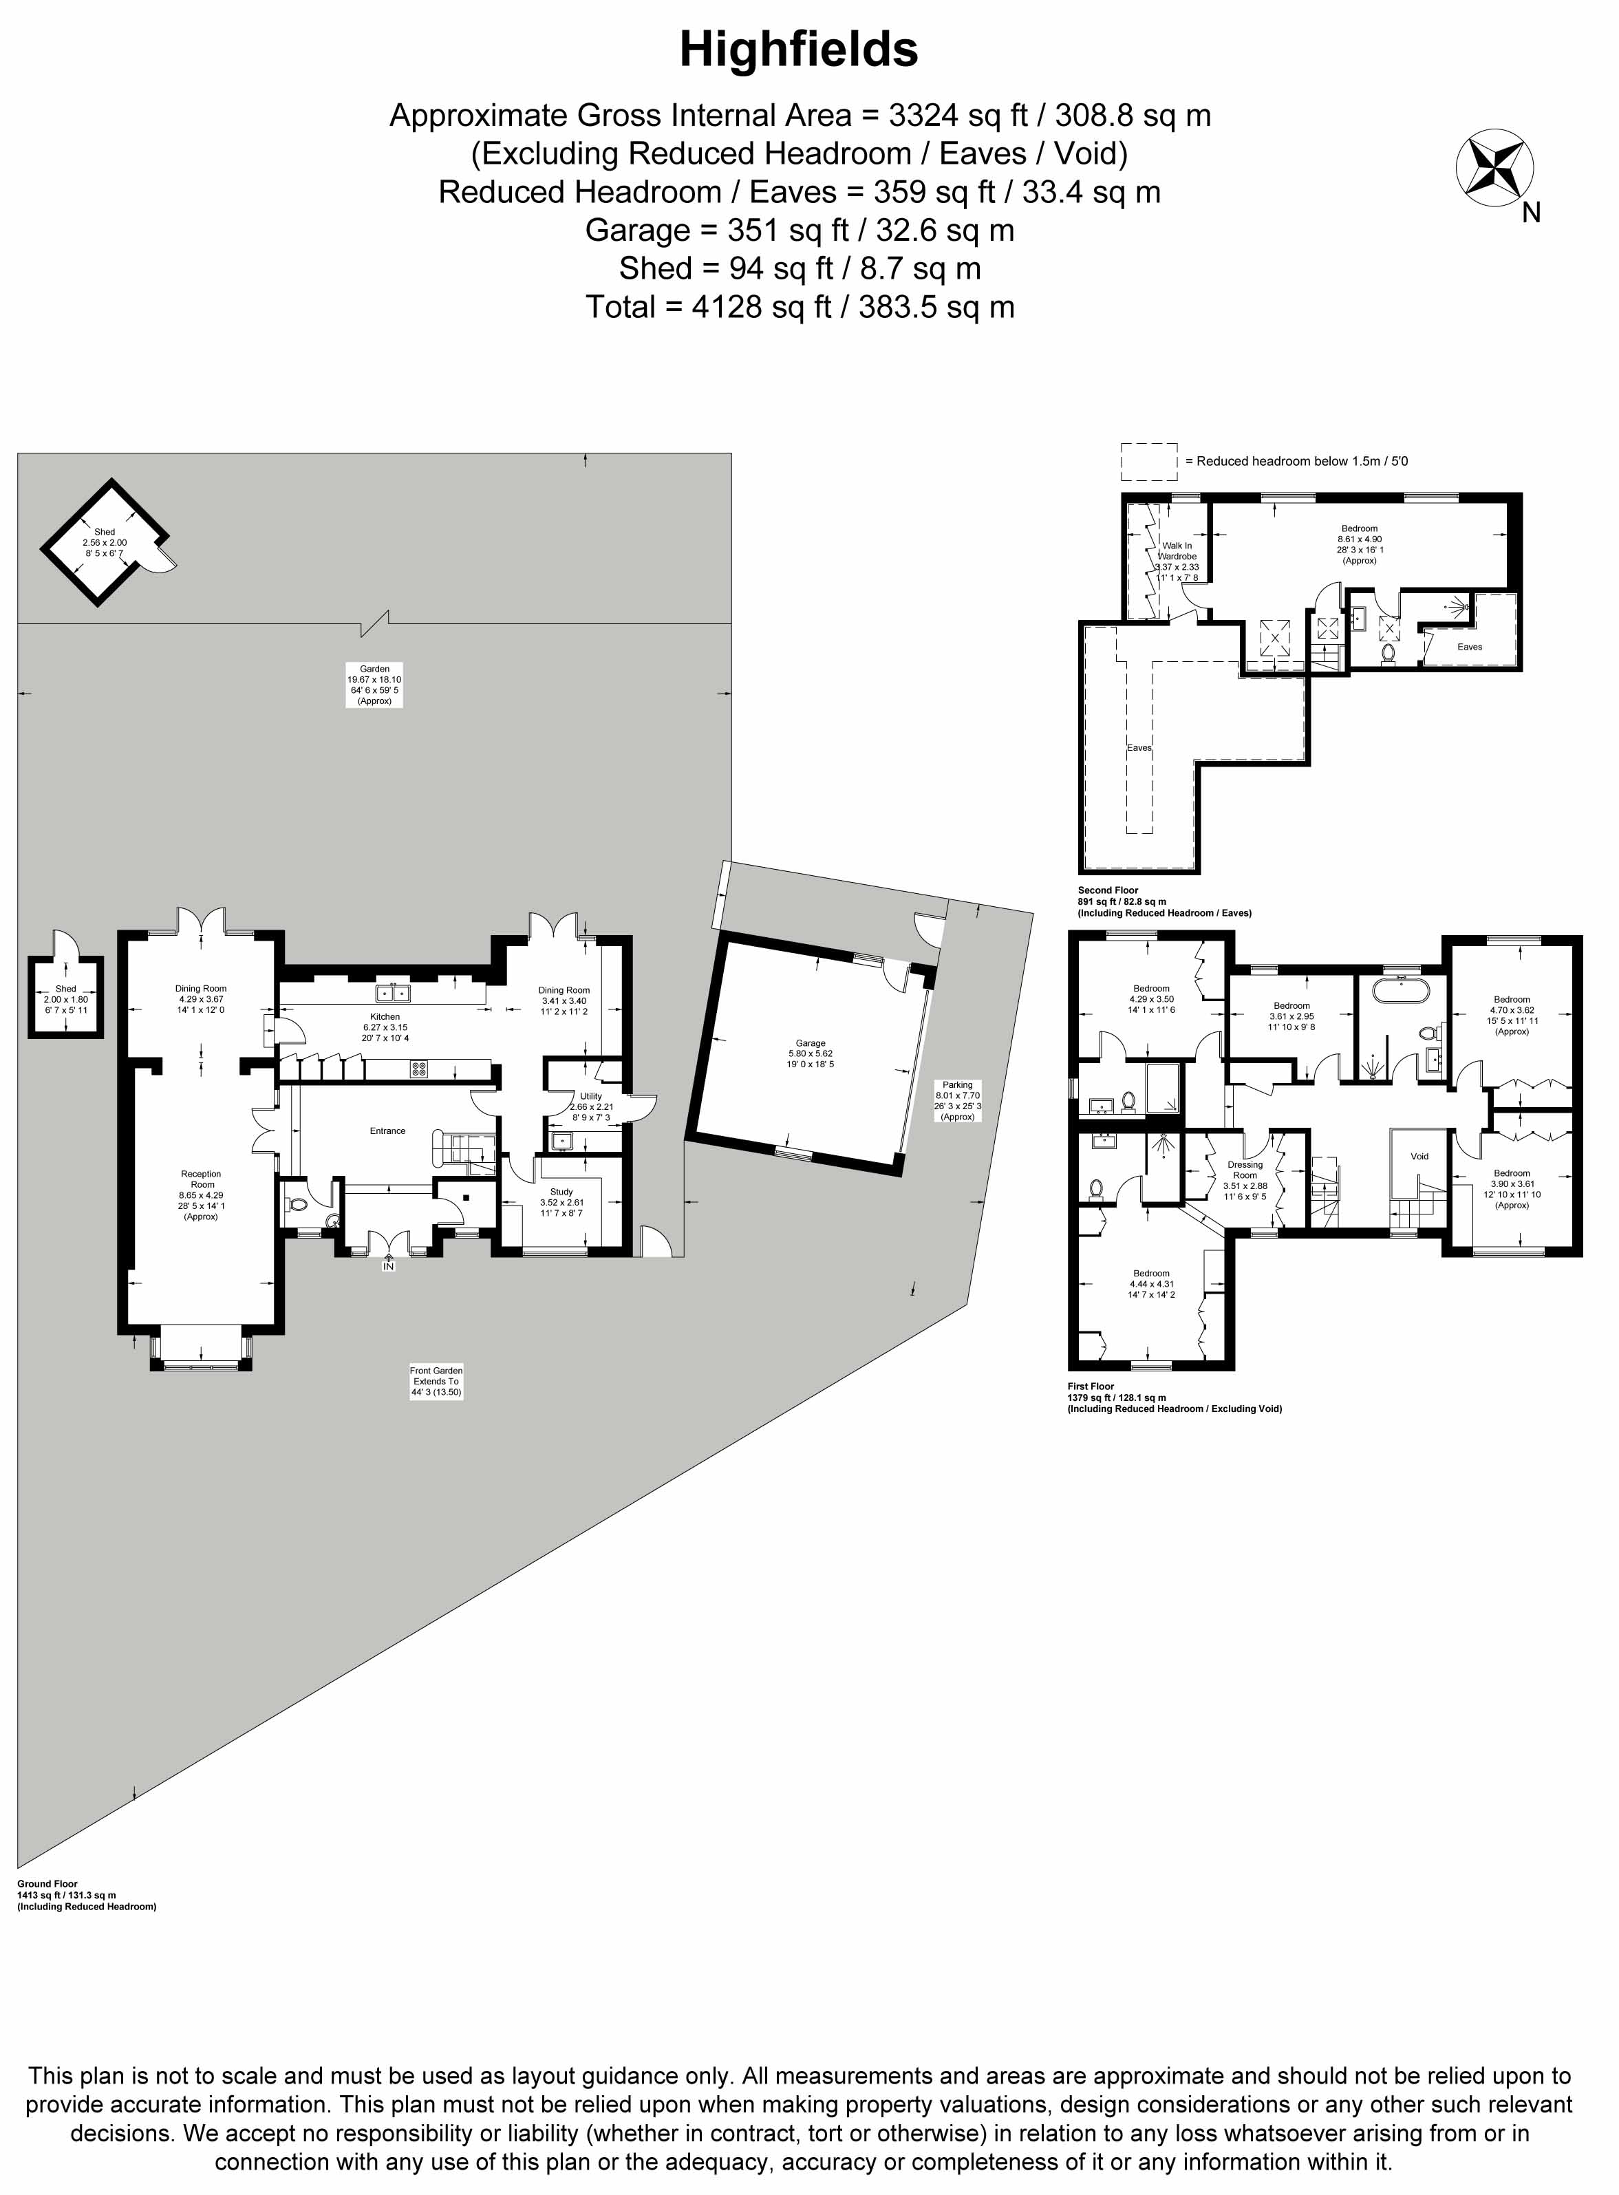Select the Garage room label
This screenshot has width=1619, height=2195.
click(x=811, y=1053)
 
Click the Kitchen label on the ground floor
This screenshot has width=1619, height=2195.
click(x=385, y=1027)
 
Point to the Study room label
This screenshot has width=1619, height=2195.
click(x=561, y=1202)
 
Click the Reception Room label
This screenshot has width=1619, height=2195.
click(x=201, y=1195)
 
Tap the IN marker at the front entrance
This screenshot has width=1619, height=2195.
click(x=388, y=1266)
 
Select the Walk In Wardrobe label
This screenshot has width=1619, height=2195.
click(x=1177, y=561)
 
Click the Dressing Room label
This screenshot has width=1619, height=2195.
click(x=1245, y=1181)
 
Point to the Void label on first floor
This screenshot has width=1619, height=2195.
click(x=1419, y=1156)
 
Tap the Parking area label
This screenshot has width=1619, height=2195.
click(x=958, y=1100)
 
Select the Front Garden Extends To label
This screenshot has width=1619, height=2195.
click(x=436, y=1381)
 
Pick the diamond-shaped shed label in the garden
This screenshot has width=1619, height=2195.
click(x=105, y=543)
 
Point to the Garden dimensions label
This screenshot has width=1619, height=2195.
click(x=374, y=685)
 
